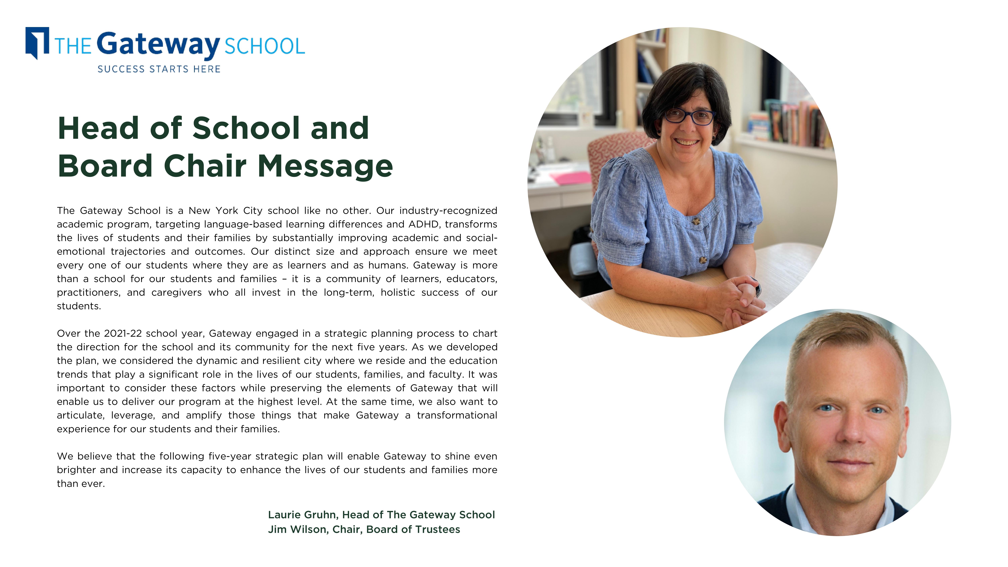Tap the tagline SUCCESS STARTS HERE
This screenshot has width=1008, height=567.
(x=159, y=69)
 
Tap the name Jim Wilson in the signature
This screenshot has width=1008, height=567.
(x=298, y=529)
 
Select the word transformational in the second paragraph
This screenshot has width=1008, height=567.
(x=457, y=415)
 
